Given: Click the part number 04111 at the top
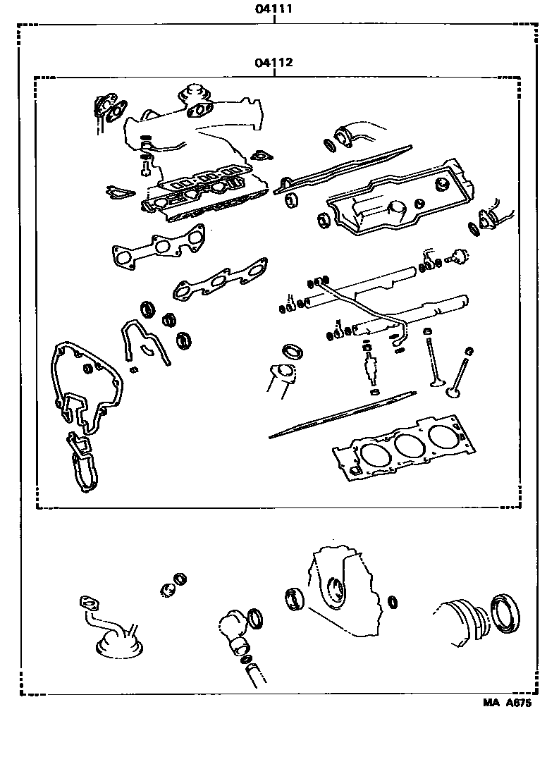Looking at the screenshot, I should (x=273, y=10).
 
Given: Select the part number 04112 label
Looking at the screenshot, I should (x=273, y=62).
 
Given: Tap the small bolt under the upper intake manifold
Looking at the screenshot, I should (x=145, y=168).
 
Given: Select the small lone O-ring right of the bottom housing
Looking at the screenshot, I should (x=392, y=602).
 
